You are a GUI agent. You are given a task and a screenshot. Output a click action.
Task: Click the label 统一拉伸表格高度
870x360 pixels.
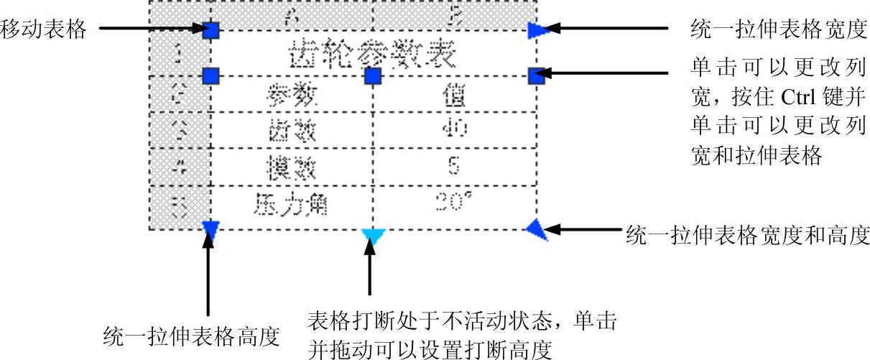click(191, 335)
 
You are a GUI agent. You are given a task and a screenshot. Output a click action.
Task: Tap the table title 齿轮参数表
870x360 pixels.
click(373, 53)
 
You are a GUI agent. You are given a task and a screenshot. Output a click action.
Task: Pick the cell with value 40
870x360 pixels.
click(453, 129)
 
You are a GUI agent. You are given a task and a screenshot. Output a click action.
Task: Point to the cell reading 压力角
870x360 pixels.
click(291, 205)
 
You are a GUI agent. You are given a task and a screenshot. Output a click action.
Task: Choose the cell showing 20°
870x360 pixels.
click(453, 204)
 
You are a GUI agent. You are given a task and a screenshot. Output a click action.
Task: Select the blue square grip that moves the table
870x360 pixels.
click(210, 30)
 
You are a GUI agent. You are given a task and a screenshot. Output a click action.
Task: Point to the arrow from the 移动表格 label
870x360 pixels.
click(151, 29)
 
